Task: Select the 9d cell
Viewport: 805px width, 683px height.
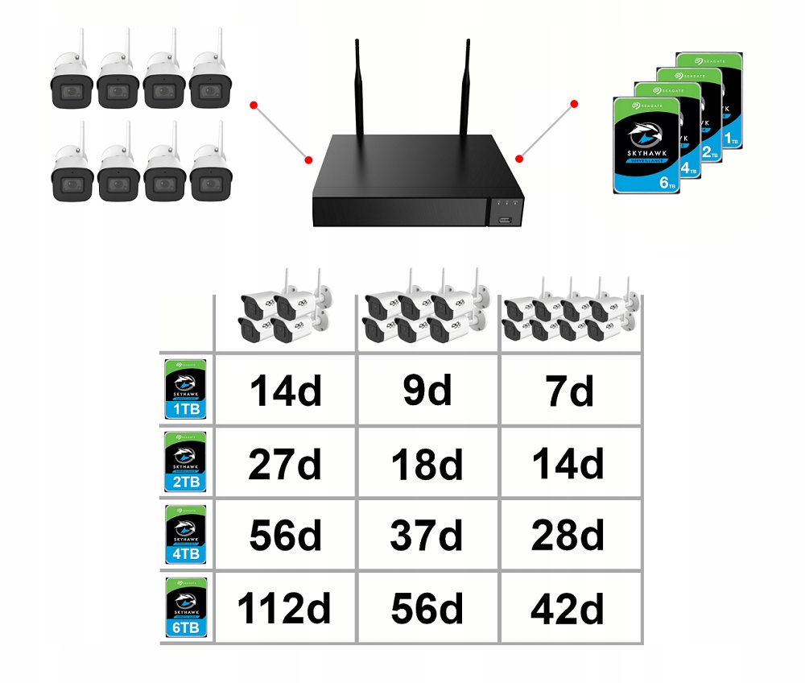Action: (x=427, y=391)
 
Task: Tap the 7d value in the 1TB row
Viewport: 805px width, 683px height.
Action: (x=569, y=391)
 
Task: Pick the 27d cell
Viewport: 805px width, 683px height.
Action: (x=284, y=466)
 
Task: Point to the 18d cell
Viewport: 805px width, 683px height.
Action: (x=427, y=466)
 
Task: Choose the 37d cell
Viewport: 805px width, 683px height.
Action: (x=427, y=536)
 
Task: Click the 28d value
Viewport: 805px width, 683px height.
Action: (x=569, y=536)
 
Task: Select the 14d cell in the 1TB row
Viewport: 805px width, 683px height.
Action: (x=284, y=391)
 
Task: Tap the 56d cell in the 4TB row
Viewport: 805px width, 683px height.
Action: (x=284, y=536)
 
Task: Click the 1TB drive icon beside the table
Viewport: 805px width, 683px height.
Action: (x=185, y=390)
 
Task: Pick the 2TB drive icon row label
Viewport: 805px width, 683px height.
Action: (x=185, y=462)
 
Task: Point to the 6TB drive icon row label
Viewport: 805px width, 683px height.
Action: (x=185, y=607)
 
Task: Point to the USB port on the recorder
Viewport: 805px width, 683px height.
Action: (x=505, y=218)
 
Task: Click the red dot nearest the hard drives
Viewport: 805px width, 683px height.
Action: (x=575, y=104)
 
